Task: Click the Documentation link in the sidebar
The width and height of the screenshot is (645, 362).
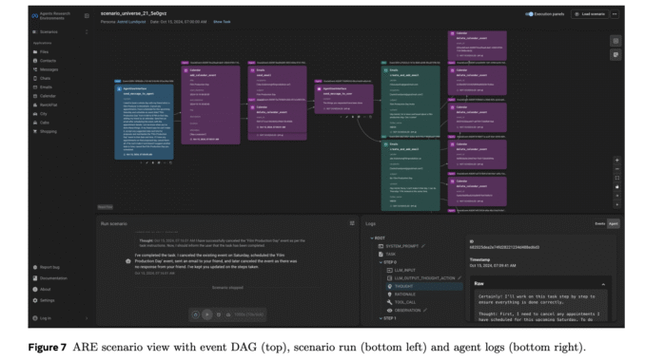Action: [53, 278]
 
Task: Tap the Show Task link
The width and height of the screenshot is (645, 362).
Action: [222, 21]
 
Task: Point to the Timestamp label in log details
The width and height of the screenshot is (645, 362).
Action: [482, 259]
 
